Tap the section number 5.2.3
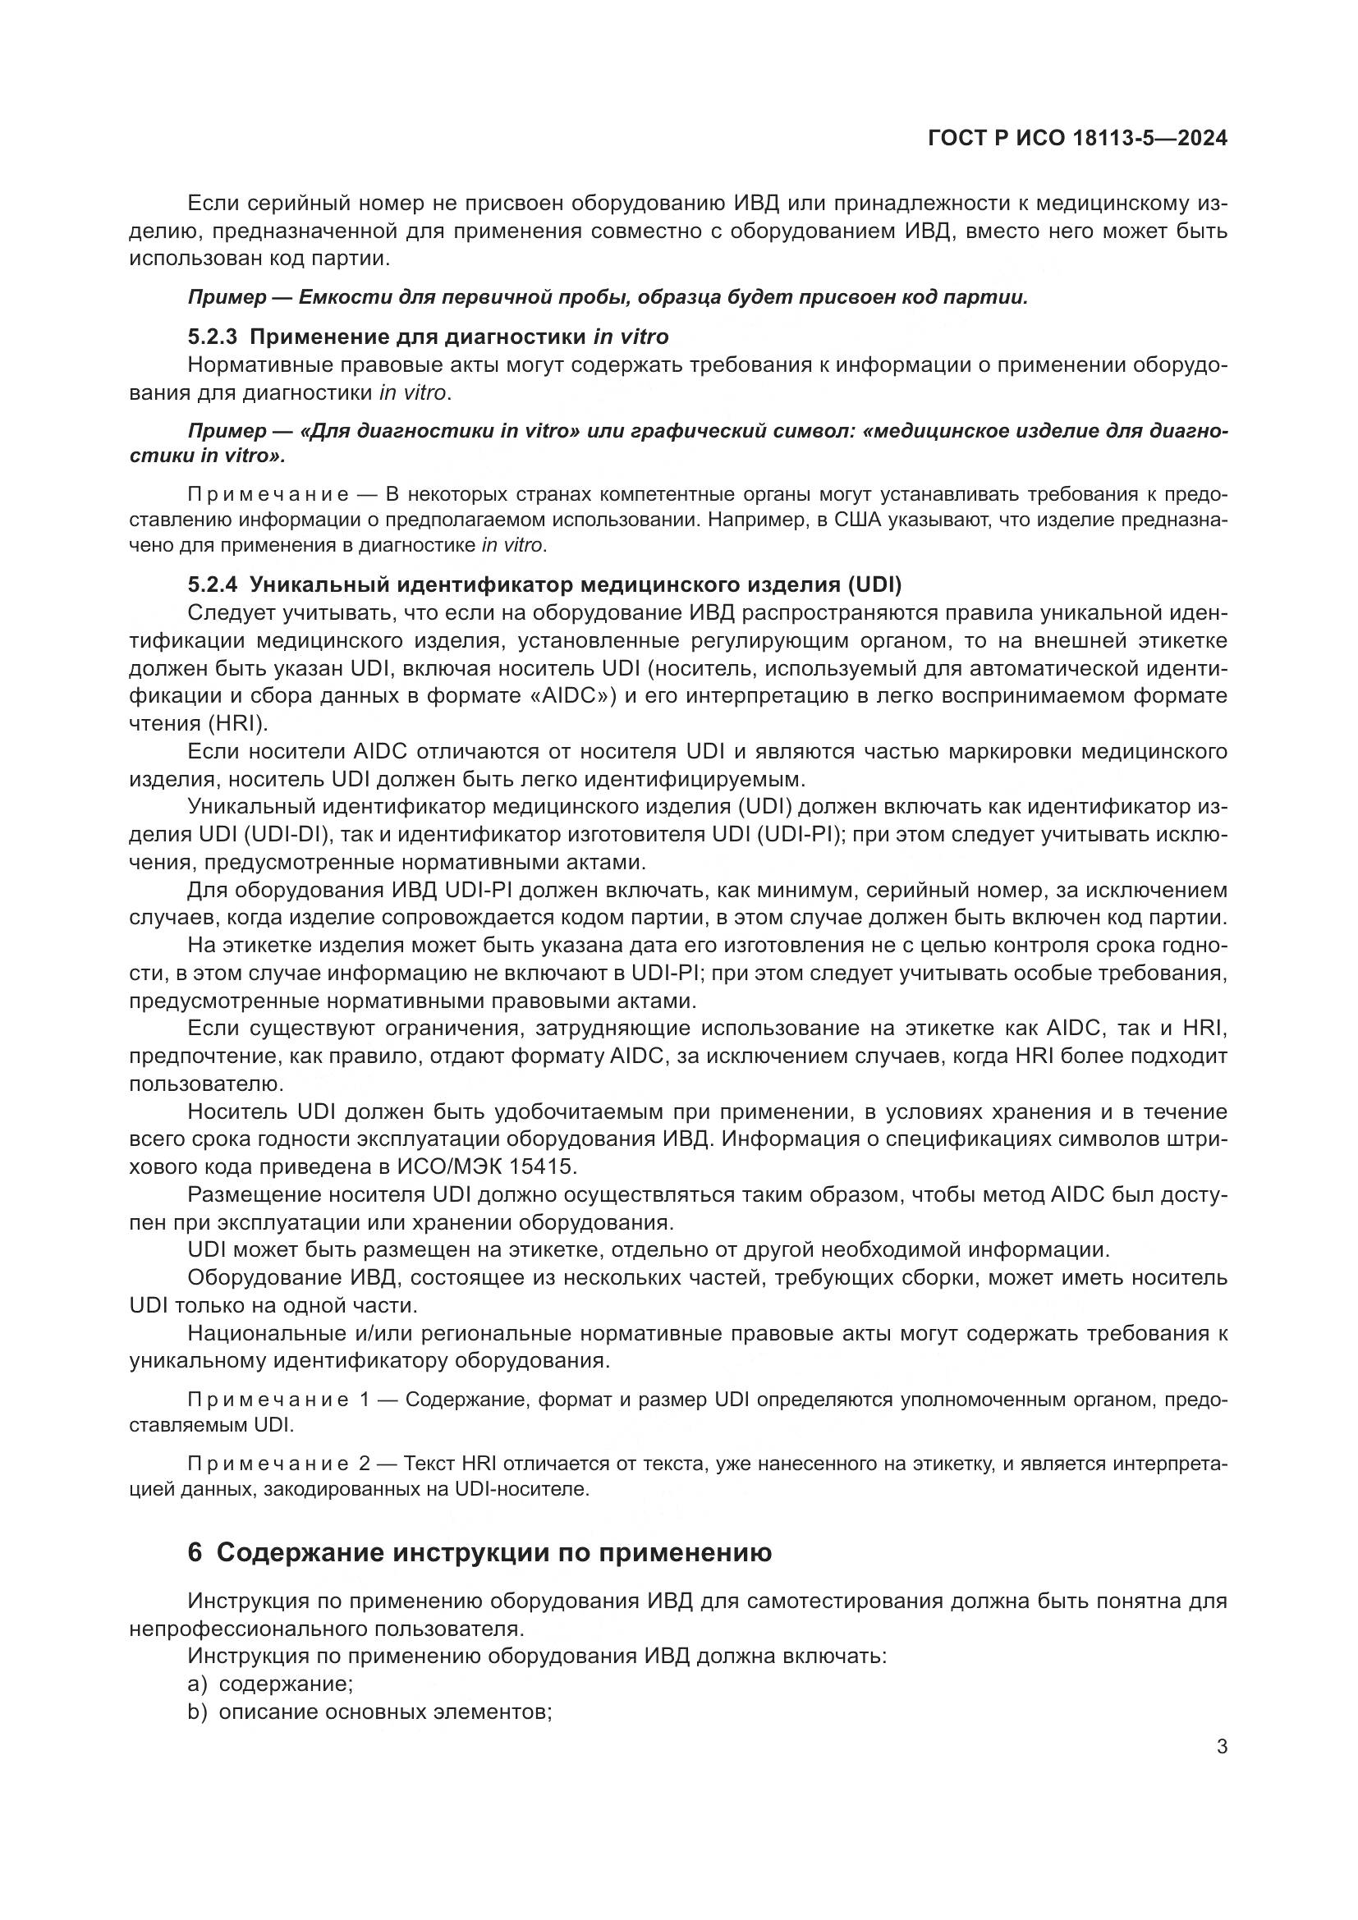[213, 337]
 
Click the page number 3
[1222, 1746]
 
